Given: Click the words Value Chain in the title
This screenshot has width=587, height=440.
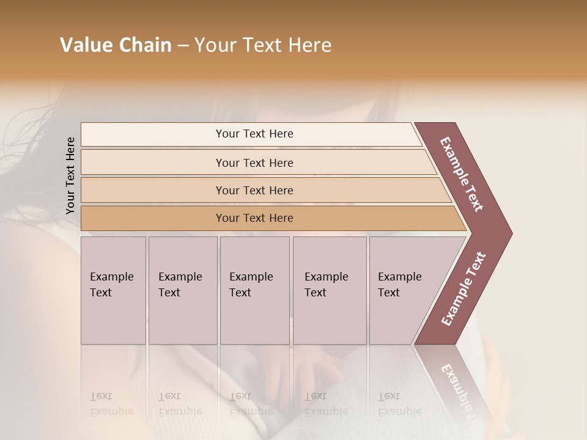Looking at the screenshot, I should tap(116, 45).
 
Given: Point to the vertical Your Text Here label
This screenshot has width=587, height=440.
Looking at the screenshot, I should tap(70, 176).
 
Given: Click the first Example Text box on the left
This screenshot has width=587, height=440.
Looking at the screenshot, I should tap(113, 290).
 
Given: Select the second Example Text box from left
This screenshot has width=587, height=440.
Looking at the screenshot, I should tap(182, 290).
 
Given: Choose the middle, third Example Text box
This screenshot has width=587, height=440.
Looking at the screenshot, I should tap(254, 290).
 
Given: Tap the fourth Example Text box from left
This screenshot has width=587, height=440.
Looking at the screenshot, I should tap(330, 290).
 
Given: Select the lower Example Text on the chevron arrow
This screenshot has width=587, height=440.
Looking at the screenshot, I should tap(463, 289).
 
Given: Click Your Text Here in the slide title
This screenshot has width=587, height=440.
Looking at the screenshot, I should tap(263, 45).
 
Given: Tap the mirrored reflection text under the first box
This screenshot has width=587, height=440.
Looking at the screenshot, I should tap(111, 404).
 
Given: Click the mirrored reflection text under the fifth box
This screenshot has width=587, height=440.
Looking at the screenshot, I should tap(399, 404).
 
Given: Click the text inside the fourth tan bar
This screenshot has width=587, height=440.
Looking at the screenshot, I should tap(254, 218).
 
